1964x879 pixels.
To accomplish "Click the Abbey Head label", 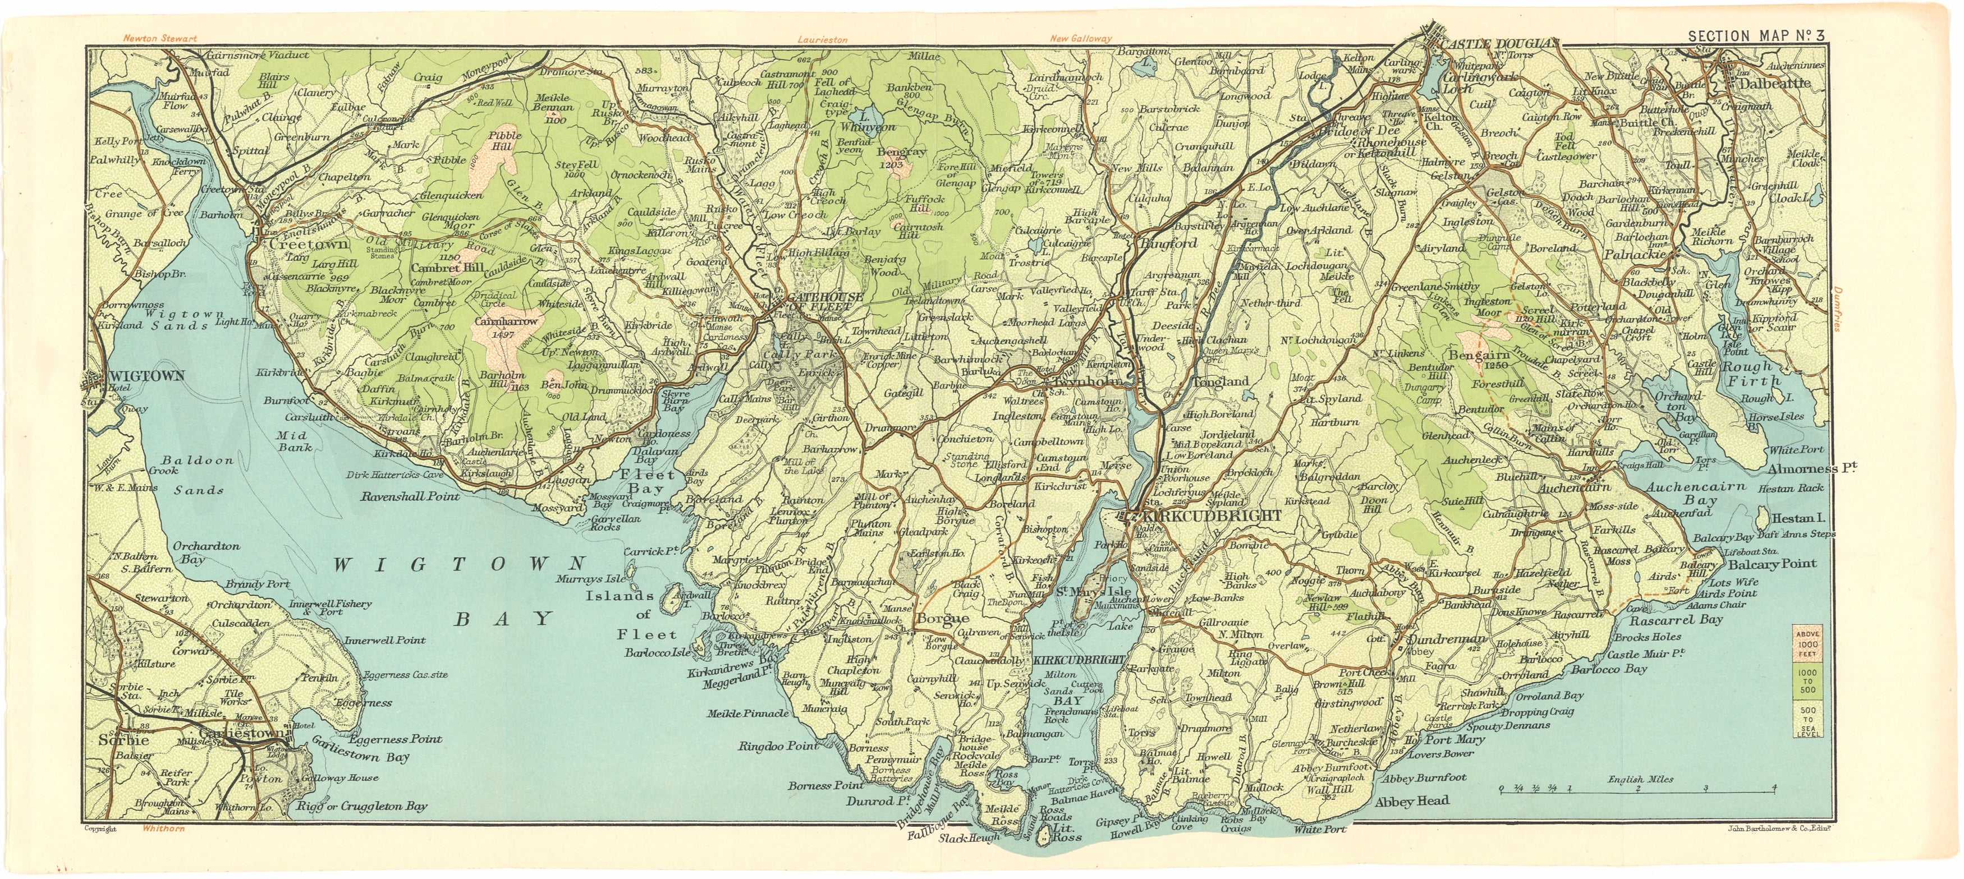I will (x=1412, y=801).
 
